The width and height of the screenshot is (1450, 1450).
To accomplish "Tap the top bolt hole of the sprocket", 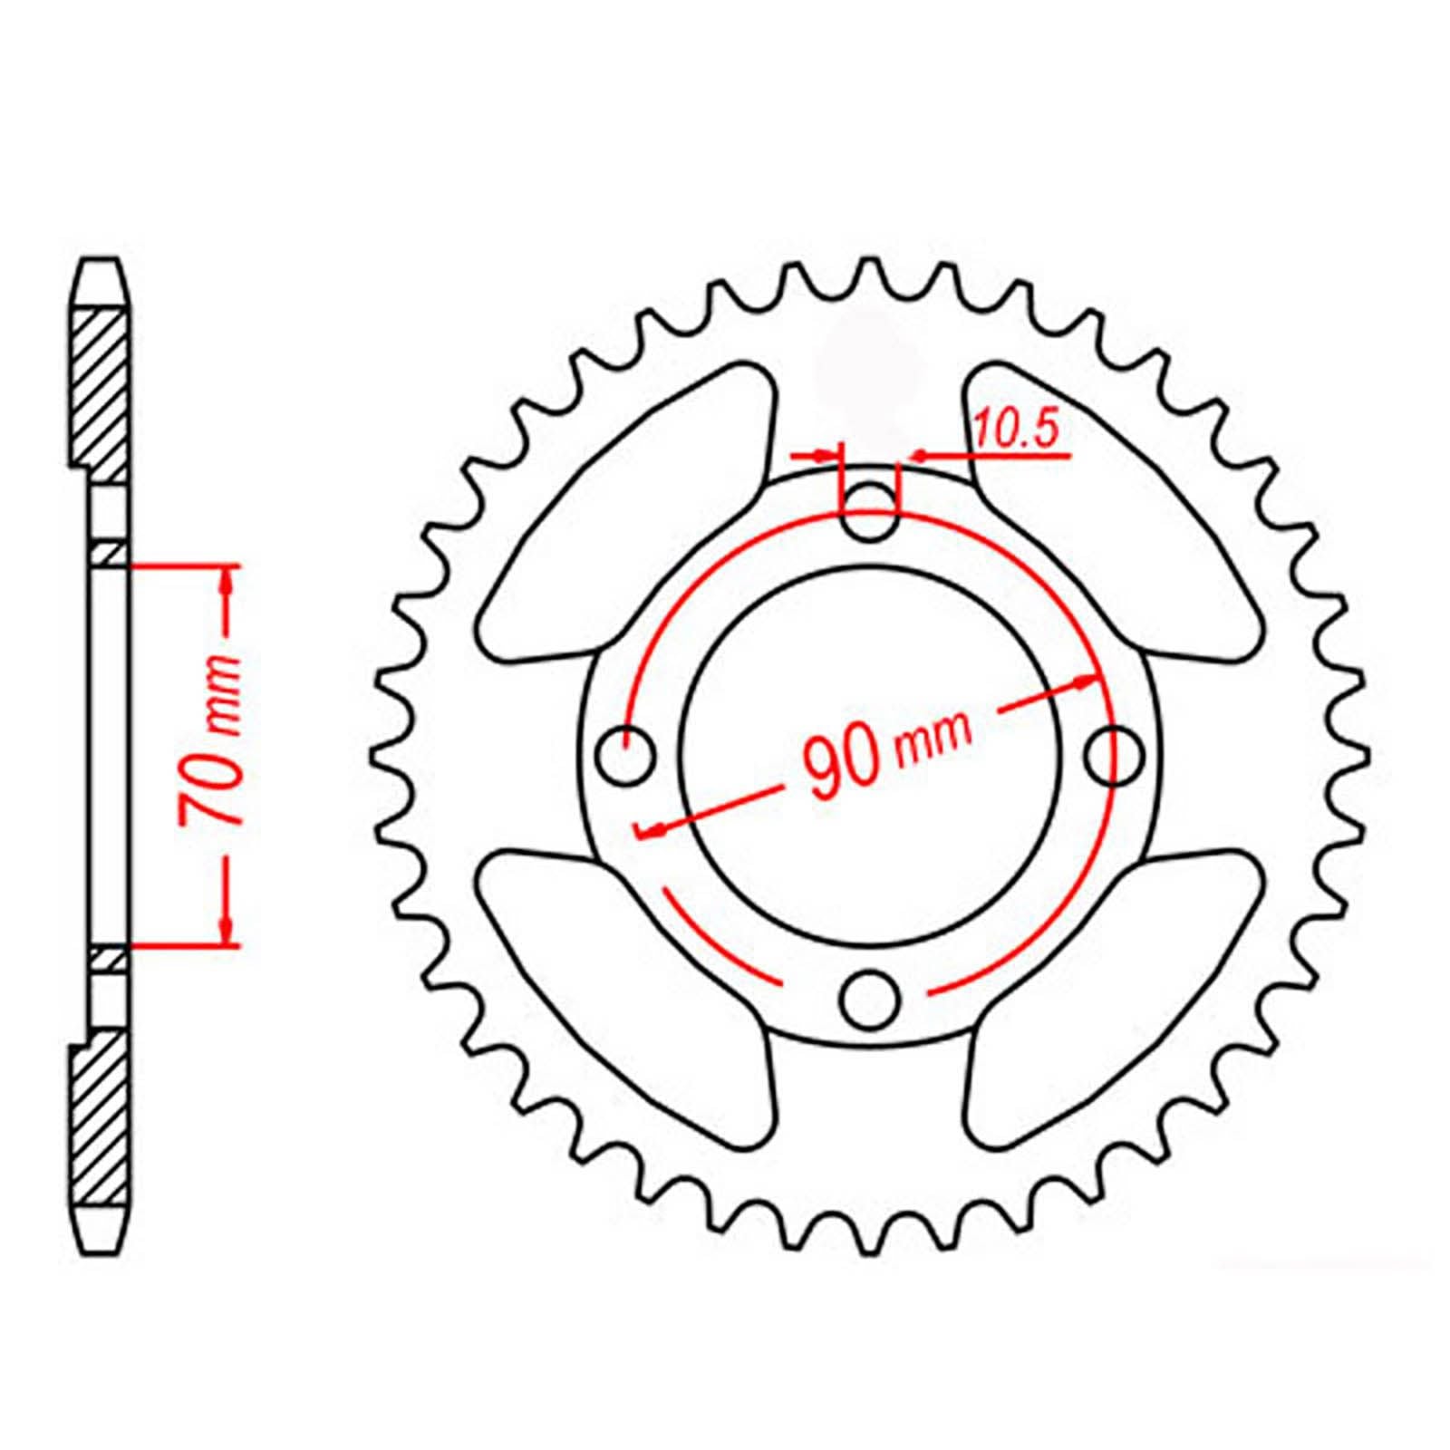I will tap(871, 511).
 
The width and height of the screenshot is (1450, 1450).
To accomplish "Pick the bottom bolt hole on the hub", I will tap(871, 998).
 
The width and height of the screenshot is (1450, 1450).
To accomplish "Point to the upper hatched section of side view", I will tap(99, 394).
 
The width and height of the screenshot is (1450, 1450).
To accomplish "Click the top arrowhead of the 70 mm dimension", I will tap(226, 581).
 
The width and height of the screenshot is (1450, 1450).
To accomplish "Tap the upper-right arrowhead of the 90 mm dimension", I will tap(1087, 681).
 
